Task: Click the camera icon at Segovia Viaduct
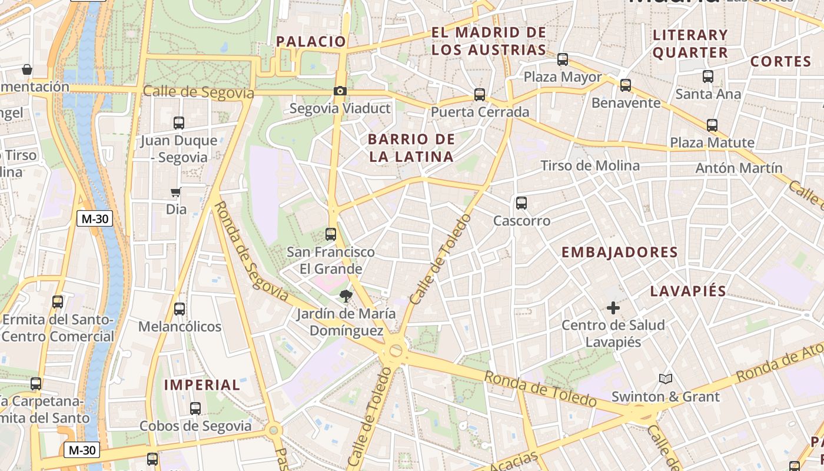pyautogui.click(x=340, y=91)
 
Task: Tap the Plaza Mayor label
pyautogui.click(x=563, y=77)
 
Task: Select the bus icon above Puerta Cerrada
pyautogui.click(x=480, y=94)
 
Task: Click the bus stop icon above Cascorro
pyautogui.click(x=521, y=203)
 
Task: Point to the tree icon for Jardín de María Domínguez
pyautogui.click(x=345, y=296)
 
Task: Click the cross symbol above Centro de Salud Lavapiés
pyautogui.click(x=613, y=307)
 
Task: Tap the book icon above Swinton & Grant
pyautogui.click(x=666, y=379)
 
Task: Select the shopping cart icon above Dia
pyautogui.click(x=175, y=192)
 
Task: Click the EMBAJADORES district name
pyautogui.click(x=619, y=253)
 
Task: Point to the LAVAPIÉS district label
pyautogui.click(x=688, y=291)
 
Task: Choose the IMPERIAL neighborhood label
pyautogui.click(x=202, y=385)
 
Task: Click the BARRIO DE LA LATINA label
pyautogui.click(x=411, y=148)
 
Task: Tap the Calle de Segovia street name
pyautogui.click(x=198, y=92)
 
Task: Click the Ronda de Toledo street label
pyautogui.click(x=540, y=389)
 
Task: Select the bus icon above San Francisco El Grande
pyautogui.click(x=331, y=234)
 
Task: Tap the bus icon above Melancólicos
pyautogui.click(x=180, y=309)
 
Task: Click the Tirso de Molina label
pyautogui.click(x=590, y=165)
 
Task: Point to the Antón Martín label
pyautogui.click(x=739, y=168)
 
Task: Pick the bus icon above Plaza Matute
pyautogui.click(x=712, y=125)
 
